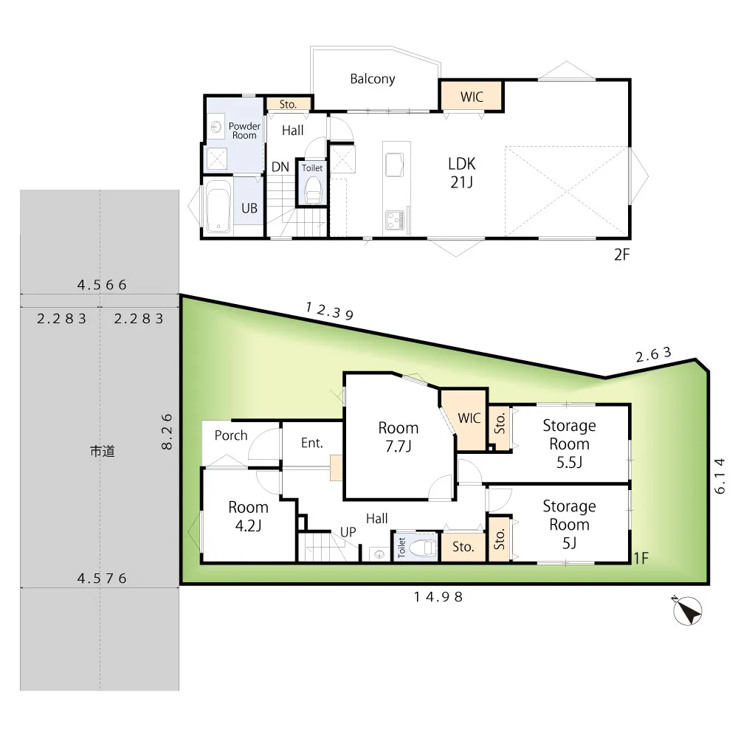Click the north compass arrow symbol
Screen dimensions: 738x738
tap(687, 611)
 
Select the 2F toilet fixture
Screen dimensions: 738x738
tap(312, 190)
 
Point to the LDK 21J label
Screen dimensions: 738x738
tap(462, 173)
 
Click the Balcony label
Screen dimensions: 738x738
tap(372, 79)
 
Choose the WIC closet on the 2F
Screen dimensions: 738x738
tap(471, 97)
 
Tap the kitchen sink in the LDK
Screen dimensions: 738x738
tap(394, 164)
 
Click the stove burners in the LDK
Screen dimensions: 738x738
tap(394, 219)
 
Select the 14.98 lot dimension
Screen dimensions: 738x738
tap(438, 597)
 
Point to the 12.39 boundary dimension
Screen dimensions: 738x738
tap(329, 311)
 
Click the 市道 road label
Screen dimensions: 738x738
tap(102, 452)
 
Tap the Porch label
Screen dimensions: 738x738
tap(230, 435)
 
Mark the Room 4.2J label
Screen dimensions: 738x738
tap(248, 517)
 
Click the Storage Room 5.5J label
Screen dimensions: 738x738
tap(569, 444)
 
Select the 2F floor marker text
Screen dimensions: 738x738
tap(621, 255)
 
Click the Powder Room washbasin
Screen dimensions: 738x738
tap(216, 127)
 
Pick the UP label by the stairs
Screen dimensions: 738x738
tap(348, 532)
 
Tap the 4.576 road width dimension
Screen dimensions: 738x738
tap(102, 578)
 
